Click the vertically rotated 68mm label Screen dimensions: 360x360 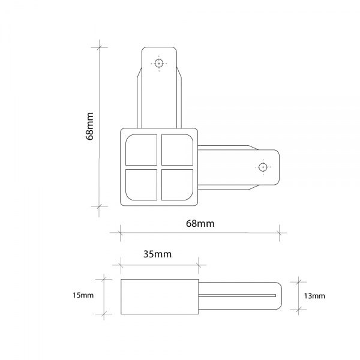pos(91,127)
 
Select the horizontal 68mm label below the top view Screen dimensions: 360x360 pos(200,224)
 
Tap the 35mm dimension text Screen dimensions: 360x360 pos(158,254)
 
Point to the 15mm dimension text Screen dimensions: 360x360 pos(83,296)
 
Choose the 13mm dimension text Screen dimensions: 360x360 pos(314,296)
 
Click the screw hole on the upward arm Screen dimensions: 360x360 pos(159,63)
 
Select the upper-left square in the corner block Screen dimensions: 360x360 pos(142,150)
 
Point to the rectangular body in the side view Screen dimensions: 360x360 pos(159,296)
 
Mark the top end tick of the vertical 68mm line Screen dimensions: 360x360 pos(99,47)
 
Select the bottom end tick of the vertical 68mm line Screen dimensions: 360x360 pos(99,206)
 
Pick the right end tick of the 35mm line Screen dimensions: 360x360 pos(198,264)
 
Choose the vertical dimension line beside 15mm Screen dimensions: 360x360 pos(105,296)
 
